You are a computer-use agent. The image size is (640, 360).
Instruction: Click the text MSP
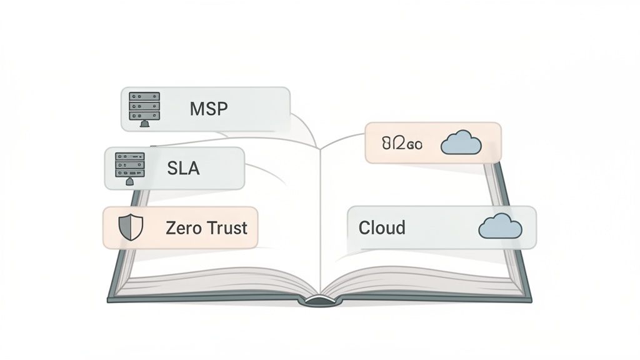click(x=209, y=109)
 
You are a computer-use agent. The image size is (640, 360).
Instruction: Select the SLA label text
click(x=183, y=167)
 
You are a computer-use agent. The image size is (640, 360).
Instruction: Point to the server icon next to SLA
click(x=129, y=165)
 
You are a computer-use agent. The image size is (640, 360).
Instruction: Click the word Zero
click(x=182, y=227)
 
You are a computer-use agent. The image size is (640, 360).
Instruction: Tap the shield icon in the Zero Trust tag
click(x=131, y=228)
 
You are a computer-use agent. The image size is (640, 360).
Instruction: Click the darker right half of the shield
click(x=136, y=228)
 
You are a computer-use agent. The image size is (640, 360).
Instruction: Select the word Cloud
click(x=381, y=227)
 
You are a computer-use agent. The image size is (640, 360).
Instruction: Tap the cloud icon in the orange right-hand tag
click(x=461, y=144)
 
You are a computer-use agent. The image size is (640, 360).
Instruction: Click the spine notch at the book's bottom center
click(x=320, y=301)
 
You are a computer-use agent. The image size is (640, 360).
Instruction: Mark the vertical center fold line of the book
click(x=320, y=219)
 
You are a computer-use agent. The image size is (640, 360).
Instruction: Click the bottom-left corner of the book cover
click(x=110, y=299)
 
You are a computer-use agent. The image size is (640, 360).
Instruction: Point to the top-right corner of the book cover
click(x=498, y=164)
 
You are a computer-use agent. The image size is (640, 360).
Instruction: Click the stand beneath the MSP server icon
click(x=144, y=124)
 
